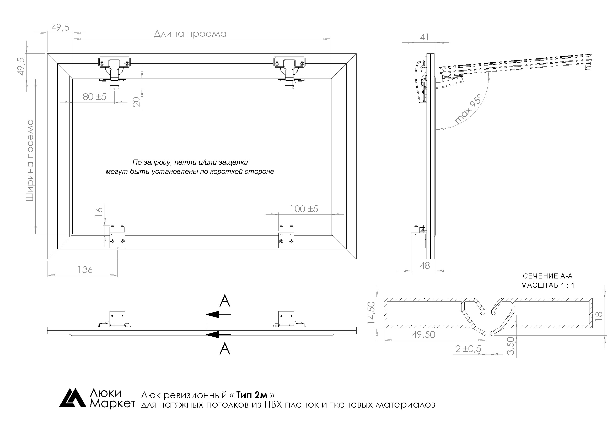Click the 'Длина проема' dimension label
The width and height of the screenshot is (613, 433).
tap(190, 34)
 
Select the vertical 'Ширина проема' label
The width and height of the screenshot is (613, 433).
tap(30, 160)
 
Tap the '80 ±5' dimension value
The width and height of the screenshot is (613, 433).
tap(94, 97)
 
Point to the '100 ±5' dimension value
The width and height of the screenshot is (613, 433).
tap(304, 209)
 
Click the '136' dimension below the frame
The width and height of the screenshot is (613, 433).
tap(85, 270)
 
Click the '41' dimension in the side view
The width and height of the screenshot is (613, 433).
tap(424, 37)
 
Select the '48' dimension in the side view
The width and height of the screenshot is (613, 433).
tap(425, 265)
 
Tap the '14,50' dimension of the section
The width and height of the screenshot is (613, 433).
tap(371, 313)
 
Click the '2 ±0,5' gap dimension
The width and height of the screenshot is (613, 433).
tap(468, 348)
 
